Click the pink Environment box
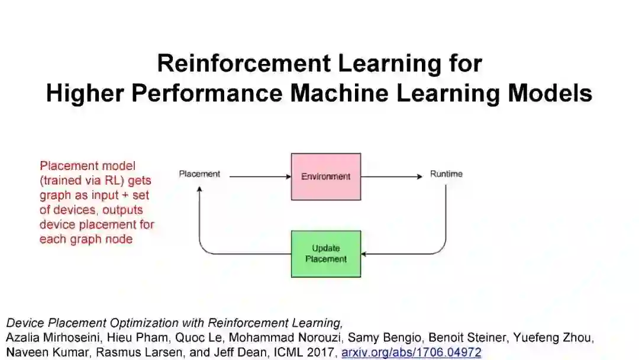pyautogui.click(x=325, y=176)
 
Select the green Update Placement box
pyautogui.click(x=325, y=253)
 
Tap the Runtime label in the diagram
pyautogui.click(x=446, y=174)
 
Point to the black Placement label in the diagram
pyautogui.click(x=199, y=174)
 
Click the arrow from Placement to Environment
pyautogui.click(x=259, y=176)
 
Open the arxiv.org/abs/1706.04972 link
pyautogui.click(x=411, y=352)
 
